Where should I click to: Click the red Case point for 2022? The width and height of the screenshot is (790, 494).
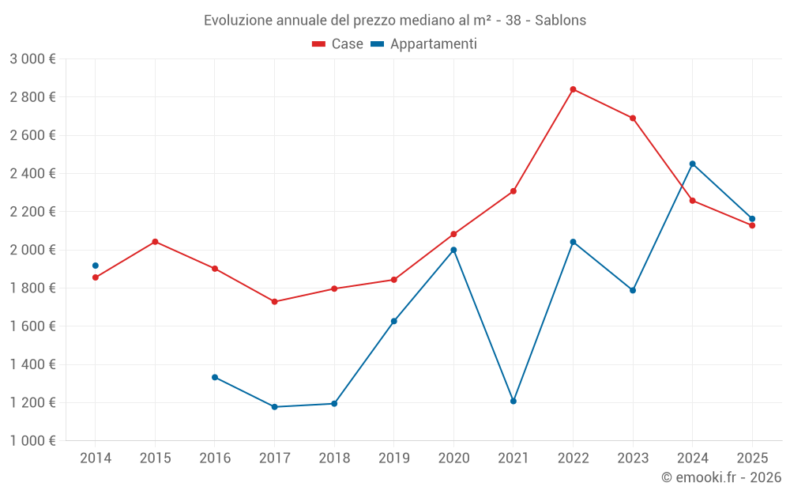coord(573,89)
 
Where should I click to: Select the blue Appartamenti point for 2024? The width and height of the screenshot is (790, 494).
coord(692,164)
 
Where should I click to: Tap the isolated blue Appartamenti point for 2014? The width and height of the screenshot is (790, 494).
coord(96,266)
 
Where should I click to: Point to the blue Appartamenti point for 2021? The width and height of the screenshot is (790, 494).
coord(513,402)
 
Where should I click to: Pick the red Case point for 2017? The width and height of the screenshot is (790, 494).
coord(274,302)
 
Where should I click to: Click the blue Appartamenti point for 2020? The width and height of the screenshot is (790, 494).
coord(453,250)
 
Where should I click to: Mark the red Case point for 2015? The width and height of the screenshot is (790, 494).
coord(155,242)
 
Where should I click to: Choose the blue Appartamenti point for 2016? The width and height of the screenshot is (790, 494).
coord(215,377)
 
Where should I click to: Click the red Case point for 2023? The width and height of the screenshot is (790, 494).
coord(633,119)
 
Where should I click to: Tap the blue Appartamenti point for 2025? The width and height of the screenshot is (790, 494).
coord(752,219)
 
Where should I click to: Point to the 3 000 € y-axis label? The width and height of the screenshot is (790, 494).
coord(32,59)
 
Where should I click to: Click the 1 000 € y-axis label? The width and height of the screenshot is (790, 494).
coord(32,441)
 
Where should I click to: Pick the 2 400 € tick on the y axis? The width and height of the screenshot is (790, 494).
coord(32,173)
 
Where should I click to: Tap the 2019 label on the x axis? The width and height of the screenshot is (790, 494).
coord(393,458)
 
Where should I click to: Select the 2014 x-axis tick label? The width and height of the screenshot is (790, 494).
coord(96,458)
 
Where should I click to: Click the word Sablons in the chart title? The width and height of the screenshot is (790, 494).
coord(560,21)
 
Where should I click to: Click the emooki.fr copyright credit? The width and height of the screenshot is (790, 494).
coord(720,477)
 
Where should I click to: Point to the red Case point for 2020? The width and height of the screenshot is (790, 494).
coord(453,234)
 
